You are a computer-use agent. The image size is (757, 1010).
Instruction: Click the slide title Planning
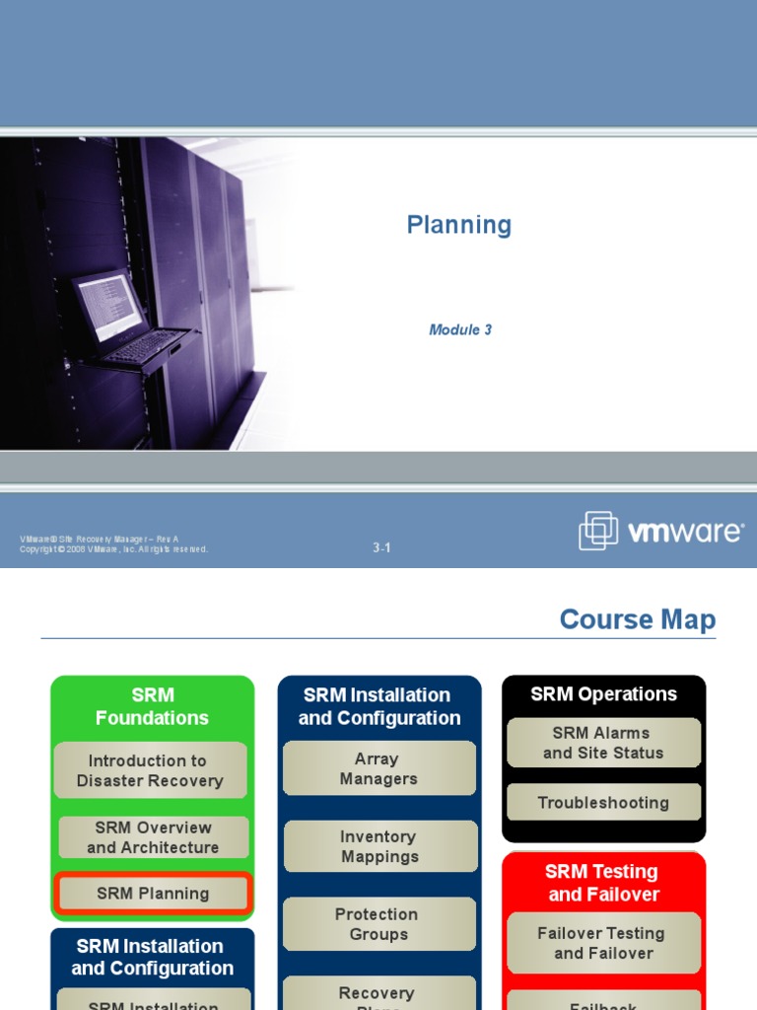coord(459,226)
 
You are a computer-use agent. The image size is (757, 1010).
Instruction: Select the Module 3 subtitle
coord(460,330)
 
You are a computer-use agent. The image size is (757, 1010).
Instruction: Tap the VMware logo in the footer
coord(661,532)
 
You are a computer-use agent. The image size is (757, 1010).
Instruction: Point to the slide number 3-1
coord(382,548)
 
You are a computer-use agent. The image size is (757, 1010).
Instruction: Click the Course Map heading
coord(637,619)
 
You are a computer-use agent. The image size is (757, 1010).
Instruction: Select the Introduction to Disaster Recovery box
coord(151,770)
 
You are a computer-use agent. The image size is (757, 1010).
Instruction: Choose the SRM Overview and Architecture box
coord(153,837)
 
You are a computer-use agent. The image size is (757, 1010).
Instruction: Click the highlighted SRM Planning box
coord(153,894)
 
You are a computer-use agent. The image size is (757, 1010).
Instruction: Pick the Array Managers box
coord(378,768)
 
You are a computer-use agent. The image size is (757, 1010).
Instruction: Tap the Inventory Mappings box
coord(379,846)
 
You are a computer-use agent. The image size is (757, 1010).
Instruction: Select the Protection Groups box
coord(378,924)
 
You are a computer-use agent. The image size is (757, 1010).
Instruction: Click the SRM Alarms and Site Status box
coord(603,743)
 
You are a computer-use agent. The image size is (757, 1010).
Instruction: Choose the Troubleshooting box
coord(603,803)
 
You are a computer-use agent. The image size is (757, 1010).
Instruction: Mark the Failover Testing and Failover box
coord(603,943)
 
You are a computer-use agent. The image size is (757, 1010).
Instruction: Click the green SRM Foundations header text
coord(152,706)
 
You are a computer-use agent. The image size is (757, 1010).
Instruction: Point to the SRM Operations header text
coord(603,694)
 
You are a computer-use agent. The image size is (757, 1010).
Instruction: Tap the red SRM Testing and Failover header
coord(603,883)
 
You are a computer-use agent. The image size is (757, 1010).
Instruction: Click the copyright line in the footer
coord(113,549)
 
